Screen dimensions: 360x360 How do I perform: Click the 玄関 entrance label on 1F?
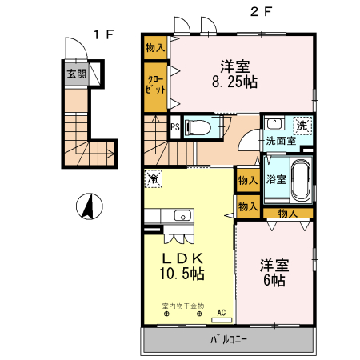77,74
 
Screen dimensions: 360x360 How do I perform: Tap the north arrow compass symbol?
90,206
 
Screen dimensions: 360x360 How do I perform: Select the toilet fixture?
198,127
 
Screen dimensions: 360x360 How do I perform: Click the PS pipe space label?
175,127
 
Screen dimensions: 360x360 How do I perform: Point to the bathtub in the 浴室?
301,181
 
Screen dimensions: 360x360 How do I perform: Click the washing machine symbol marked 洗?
302,126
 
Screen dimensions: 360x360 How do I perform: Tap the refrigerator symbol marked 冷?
154,178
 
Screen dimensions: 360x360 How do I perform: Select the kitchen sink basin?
182,215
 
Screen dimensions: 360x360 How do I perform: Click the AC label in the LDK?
222,313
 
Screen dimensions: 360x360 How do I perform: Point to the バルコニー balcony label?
229,340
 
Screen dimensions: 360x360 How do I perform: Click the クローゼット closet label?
155,85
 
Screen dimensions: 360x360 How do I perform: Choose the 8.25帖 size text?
234,82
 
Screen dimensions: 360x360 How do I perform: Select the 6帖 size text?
274,280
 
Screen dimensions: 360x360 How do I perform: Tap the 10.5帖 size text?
182,274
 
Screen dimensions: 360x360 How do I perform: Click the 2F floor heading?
261,12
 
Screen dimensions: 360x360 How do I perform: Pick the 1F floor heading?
104,34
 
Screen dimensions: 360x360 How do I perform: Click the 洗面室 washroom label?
281,141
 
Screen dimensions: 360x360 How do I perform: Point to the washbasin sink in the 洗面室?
274,124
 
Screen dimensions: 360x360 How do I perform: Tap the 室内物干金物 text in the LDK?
183,306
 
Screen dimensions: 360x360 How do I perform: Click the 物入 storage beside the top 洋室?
155,48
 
